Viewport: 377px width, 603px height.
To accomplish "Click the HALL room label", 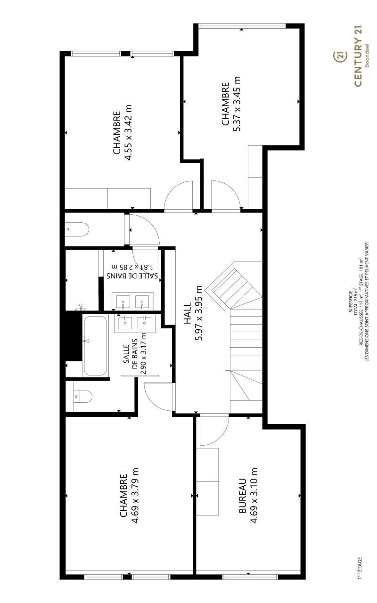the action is coord(187,313).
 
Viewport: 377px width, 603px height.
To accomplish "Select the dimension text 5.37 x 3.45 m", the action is coord(237,104).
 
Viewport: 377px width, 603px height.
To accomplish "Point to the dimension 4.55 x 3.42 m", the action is coord(128,133).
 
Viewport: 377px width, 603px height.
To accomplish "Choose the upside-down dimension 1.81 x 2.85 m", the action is coord(132,267).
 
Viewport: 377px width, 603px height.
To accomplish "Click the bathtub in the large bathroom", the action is coord(95,346).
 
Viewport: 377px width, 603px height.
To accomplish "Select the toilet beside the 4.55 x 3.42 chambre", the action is coord(77,229).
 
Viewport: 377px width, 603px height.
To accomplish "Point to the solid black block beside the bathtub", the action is coord(73,336).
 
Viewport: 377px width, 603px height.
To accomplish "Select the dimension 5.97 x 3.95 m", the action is coord(198,313).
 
